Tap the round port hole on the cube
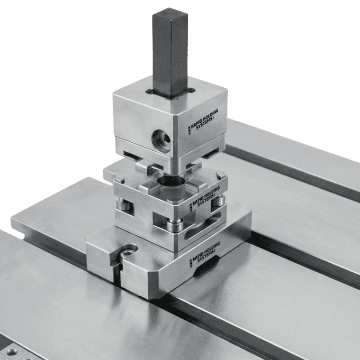pos(162,141)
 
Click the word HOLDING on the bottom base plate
pos(210,249)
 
